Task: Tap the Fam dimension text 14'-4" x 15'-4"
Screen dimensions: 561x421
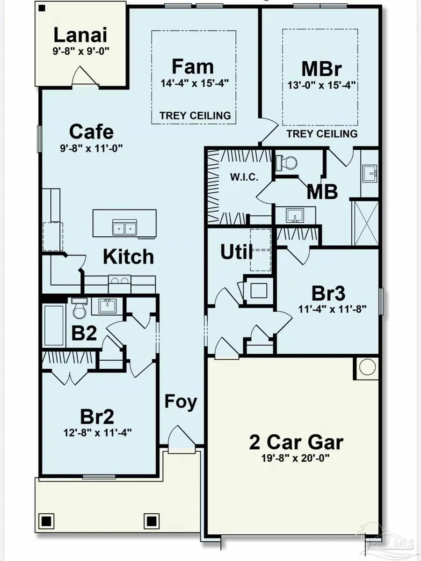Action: (194, 85)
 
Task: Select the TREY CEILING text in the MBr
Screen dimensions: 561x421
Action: (321, 134)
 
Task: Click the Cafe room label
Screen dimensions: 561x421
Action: (91, 131)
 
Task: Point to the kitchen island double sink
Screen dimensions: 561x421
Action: (124, 228)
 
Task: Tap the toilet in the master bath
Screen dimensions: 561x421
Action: (287, 162)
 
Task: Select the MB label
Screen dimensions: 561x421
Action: (322, 192)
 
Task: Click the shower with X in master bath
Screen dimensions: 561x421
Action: (365, 222)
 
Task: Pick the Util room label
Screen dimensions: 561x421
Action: (236, 253)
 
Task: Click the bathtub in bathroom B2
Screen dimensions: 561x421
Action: (54, 325)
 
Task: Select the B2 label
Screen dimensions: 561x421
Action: (84, 333)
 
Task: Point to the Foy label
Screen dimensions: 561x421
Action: (181, 401)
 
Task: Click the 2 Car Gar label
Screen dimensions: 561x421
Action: (296, 442)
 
